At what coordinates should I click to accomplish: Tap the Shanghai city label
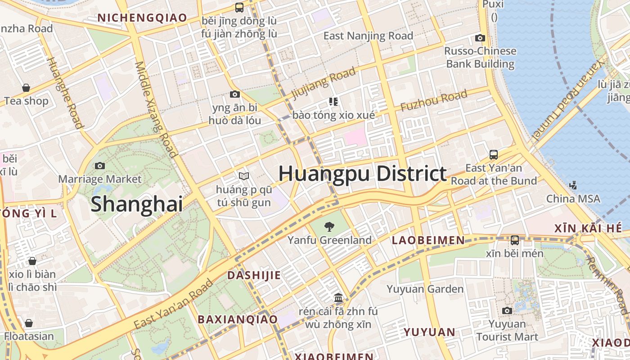(x=137, y=204)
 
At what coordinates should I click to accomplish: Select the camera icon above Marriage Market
(x=100, y=166)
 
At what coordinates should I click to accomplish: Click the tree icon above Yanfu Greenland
(x=329, y=226)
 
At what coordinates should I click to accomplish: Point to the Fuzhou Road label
(x=434, y=101)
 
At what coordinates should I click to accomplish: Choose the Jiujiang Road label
(x=324, y=83)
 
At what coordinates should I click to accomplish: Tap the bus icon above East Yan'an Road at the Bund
(x=494, y=155)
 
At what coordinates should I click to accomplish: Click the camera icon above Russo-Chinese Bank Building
(x=480, y=38)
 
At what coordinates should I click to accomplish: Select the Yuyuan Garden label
(x=425, y=289)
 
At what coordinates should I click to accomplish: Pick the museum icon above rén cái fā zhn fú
(x=338, y=298)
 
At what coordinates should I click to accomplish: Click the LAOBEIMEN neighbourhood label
(x=428, y=240)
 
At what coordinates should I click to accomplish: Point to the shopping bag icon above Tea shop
(x=26, y=88)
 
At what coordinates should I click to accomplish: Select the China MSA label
(x=573, y=198)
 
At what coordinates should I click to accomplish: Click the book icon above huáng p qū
(x=244, y=176)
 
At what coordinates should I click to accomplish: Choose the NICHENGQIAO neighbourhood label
(x=142, y=18)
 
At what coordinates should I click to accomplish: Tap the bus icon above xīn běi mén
(x=515, y=240)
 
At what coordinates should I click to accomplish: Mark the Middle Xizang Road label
(x=156, y=109)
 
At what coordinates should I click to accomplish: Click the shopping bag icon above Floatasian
(x=29, y=323)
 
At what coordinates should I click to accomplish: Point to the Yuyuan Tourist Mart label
(x=507, y=330)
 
